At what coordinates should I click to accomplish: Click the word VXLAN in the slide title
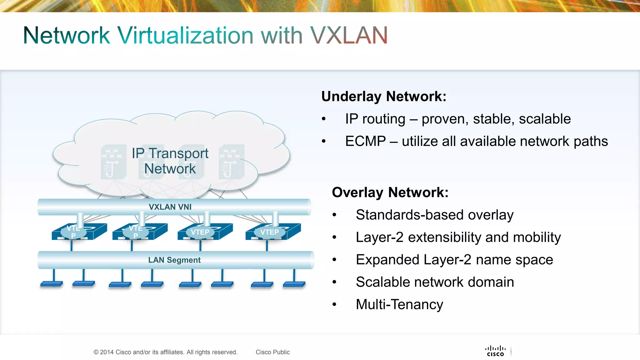349,35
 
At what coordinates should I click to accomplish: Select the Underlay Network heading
384,96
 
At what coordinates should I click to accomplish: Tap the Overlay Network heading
390,192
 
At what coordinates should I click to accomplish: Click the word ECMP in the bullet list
365,141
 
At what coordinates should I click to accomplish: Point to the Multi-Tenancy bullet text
399,304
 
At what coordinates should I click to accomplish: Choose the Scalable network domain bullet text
435,282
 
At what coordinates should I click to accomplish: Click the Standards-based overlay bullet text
434,215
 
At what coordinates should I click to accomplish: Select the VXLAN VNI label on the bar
170,207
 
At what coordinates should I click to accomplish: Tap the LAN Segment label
174,260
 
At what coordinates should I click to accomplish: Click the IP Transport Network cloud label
170,161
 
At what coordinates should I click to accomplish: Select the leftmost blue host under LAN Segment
52,284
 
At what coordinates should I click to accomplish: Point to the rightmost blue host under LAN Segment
294,284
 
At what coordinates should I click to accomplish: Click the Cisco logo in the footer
495,351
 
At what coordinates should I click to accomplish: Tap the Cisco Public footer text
272,352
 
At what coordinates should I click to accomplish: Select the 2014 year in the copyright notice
107,352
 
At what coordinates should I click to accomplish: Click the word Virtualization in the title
185,35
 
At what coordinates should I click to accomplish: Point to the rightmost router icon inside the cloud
232,162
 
